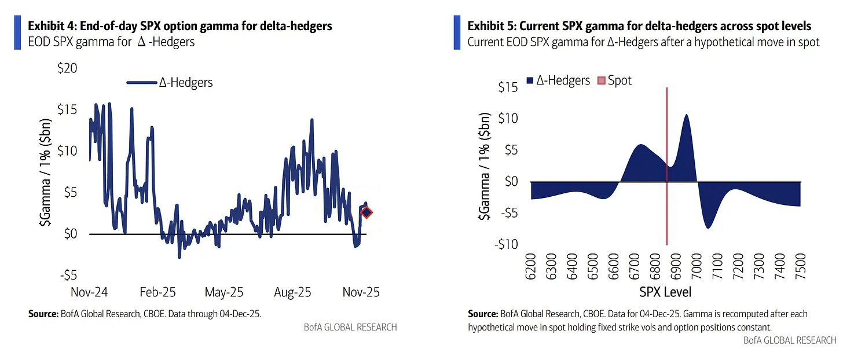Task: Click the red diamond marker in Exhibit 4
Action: click(366, 212)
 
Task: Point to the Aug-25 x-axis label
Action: click(292, 292)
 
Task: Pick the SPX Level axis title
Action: click(666, 291)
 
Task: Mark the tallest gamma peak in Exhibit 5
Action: click(686, 115)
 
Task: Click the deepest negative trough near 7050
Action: click(708, 227)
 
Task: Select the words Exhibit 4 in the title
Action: click(52, 26)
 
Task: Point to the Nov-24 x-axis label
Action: click(89, 292)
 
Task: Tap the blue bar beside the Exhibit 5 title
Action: click(457, 32)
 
